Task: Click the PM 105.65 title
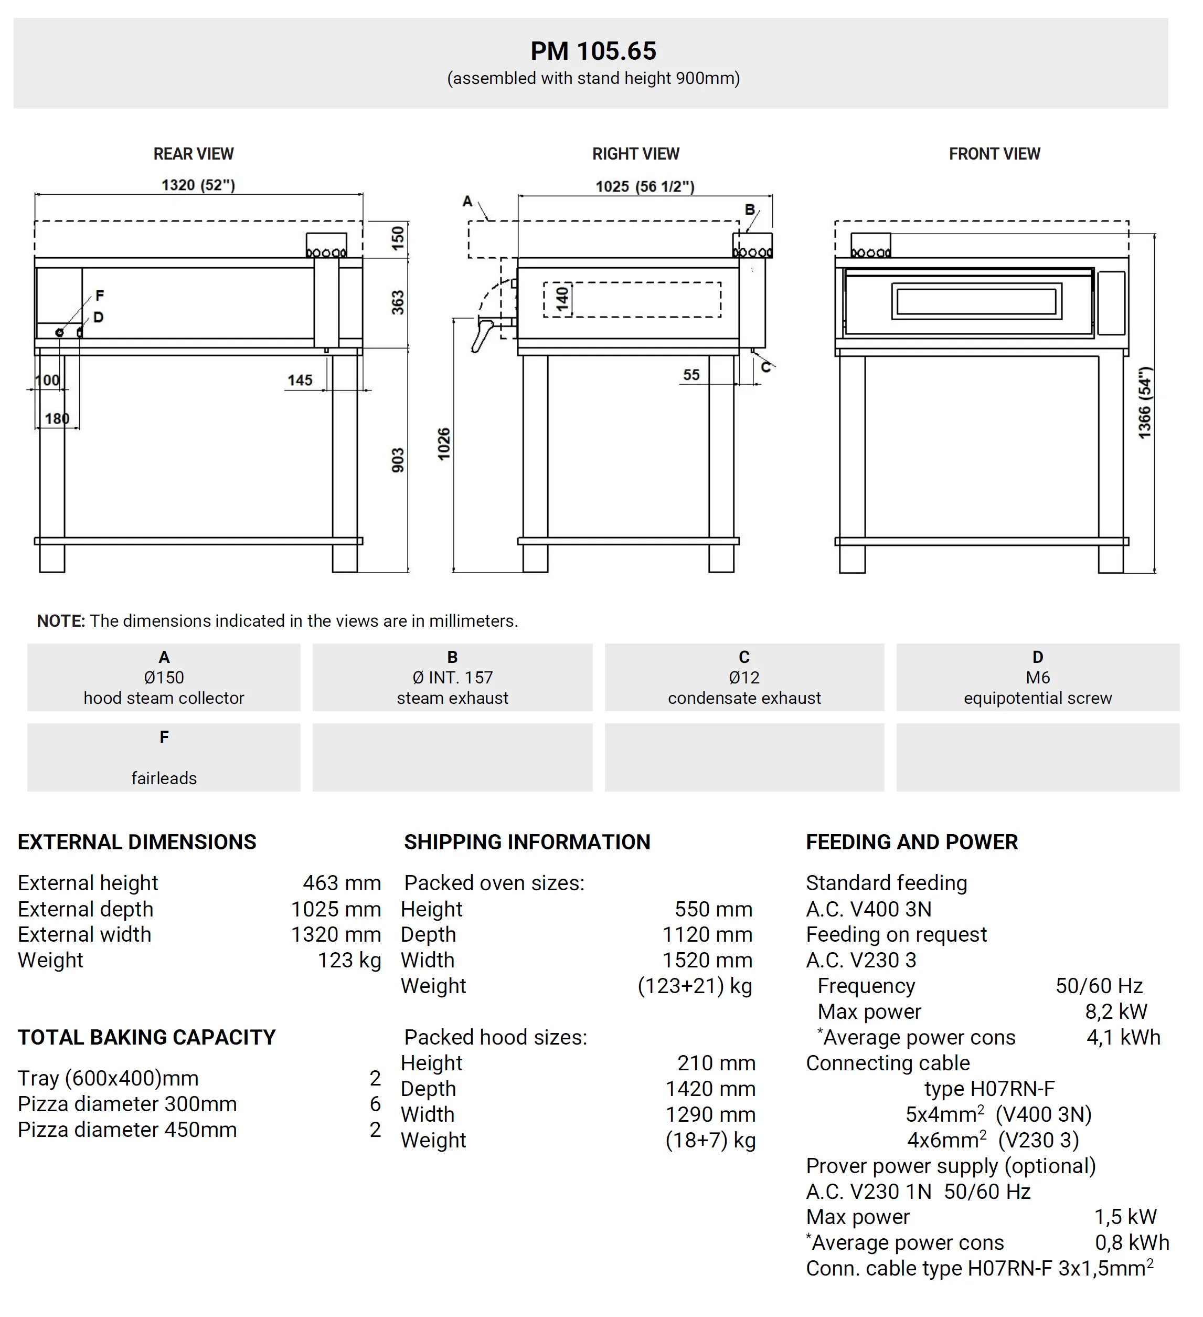593,51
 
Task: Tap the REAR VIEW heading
193,154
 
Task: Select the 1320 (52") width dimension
198,185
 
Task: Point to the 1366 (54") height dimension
1144,403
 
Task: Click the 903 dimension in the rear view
398,460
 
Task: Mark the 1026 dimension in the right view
444,444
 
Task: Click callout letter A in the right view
467,201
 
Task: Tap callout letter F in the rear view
99,296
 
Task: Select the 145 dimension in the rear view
300,380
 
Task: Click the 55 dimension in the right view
691,375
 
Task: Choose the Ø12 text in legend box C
744,678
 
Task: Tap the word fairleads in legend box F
164,778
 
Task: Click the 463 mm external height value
342,883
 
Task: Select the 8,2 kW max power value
1115,1012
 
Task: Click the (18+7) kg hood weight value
710,1140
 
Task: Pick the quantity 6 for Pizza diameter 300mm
375,1104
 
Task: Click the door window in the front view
976,301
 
